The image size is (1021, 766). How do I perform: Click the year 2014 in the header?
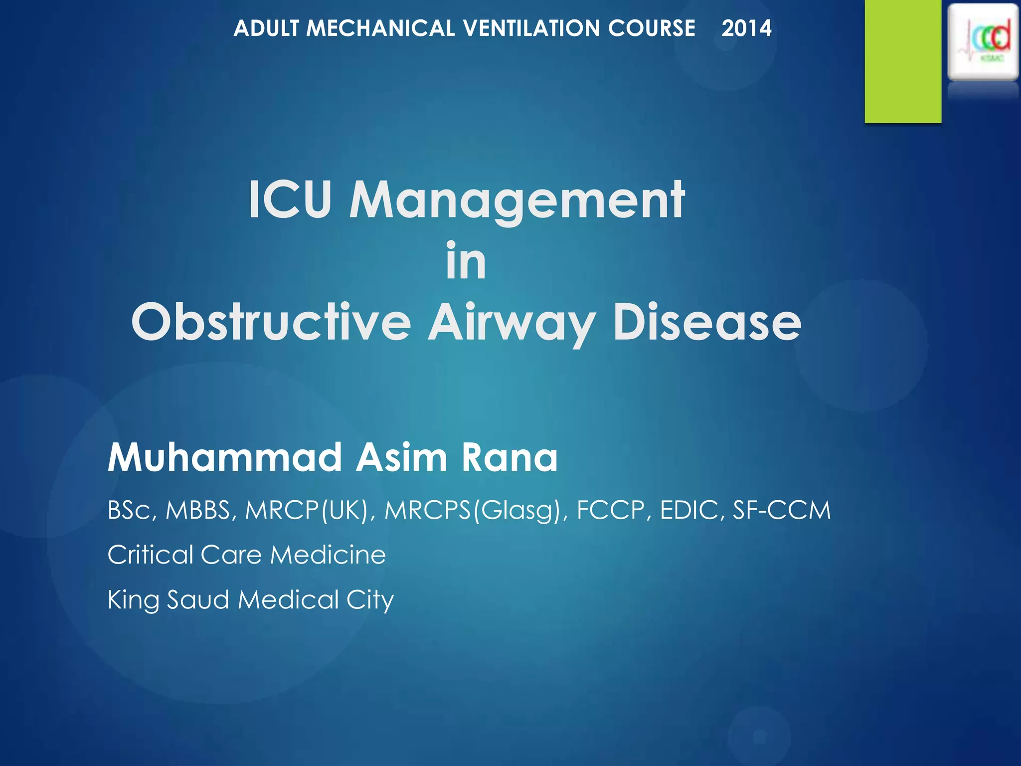[x=746, y=28]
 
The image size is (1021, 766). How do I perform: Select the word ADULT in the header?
[x=266, y=28]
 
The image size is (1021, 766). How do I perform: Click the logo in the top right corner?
[x=983, y=42]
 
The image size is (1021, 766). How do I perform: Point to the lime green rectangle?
[x=903, y=61]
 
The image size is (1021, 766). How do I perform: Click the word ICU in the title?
[x=290, y=200]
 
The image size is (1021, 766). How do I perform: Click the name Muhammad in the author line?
[x=225, y=457]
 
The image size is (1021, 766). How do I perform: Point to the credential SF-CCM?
[x=781, y=510]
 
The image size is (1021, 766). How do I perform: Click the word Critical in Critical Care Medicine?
[x=150, y=555]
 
